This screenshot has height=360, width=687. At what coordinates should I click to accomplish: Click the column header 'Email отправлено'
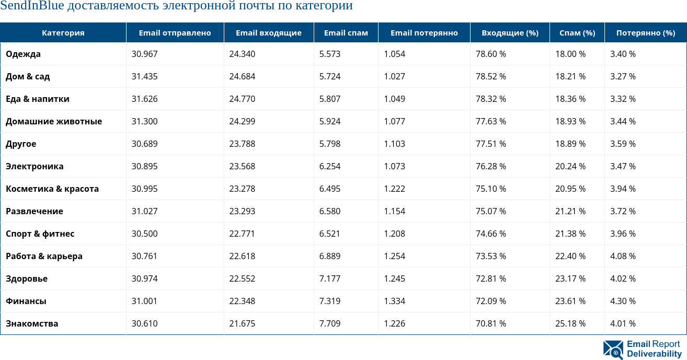coord(175,33)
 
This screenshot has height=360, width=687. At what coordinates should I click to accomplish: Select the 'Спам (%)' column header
coord(577,33)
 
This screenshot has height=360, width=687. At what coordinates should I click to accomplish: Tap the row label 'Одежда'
coord(23,54)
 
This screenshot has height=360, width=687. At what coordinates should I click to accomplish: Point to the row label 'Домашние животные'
coord(54,121)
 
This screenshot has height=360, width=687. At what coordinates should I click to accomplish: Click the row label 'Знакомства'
coord(32,323)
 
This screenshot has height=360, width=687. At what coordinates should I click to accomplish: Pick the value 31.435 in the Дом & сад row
coord(144,76)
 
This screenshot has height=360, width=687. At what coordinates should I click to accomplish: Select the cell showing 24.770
coord(242,99)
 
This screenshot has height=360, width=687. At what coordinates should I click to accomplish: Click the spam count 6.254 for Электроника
coord(330,166)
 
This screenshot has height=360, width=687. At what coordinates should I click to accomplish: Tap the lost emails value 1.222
coord(394,189)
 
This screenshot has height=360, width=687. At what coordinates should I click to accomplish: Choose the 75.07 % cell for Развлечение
coord(490,211)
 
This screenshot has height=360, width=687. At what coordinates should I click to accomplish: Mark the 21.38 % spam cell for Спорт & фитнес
coord(570,234)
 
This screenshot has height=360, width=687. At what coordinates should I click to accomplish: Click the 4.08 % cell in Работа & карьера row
coord(623,256)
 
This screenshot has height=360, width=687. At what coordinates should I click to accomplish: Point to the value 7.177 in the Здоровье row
coord(330,278)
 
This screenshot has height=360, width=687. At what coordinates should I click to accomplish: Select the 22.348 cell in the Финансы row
coord(242,301)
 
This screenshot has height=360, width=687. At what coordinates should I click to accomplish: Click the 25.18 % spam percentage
coord(570,323)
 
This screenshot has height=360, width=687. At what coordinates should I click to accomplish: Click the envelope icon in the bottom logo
coord(613,349)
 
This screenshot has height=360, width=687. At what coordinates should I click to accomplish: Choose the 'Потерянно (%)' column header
coord(646,33)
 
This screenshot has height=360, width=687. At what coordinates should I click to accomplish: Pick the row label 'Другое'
coord(21,144)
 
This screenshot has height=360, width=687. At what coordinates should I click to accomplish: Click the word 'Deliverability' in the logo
coord(654,354)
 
